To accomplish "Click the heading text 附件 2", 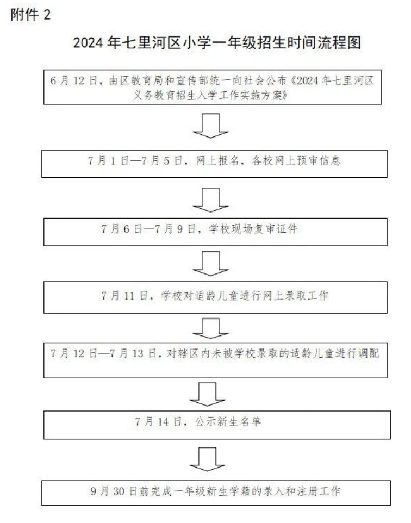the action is tap(30, 15).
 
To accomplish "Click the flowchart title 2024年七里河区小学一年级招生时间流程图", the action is tap(217, 43).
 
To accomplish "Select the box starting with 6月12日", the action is tap(213, 87).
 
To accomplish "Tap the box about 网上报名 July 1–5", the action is tap(214, 164).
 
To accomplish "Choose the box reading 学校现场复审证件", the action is tap(215, 232).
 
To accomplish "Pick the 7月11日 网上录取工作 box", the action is tap(215, 297).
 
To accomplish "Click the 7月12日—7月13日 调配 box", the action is tap(215, 360).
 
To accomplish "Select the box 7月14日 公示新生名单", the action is tap(217, 425).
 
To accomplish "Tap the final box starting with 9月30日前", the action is tap(216, 493).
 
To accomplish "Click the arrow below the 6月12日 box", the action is tap(210, 126).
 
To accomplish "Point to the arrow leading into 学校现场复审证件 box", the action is tap(210, 200).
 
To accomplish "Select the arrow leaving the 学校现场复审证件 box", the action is tap(210, 264).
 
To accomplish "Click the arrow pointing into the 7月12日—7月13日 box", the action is tap(210, 328).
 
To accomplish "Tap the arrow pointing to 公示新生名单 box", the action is tap(207, 394).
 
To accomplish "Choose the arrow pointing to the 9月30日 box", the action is tap(207, 459).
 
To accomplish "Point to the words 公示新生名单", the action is tap(228, 421).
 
